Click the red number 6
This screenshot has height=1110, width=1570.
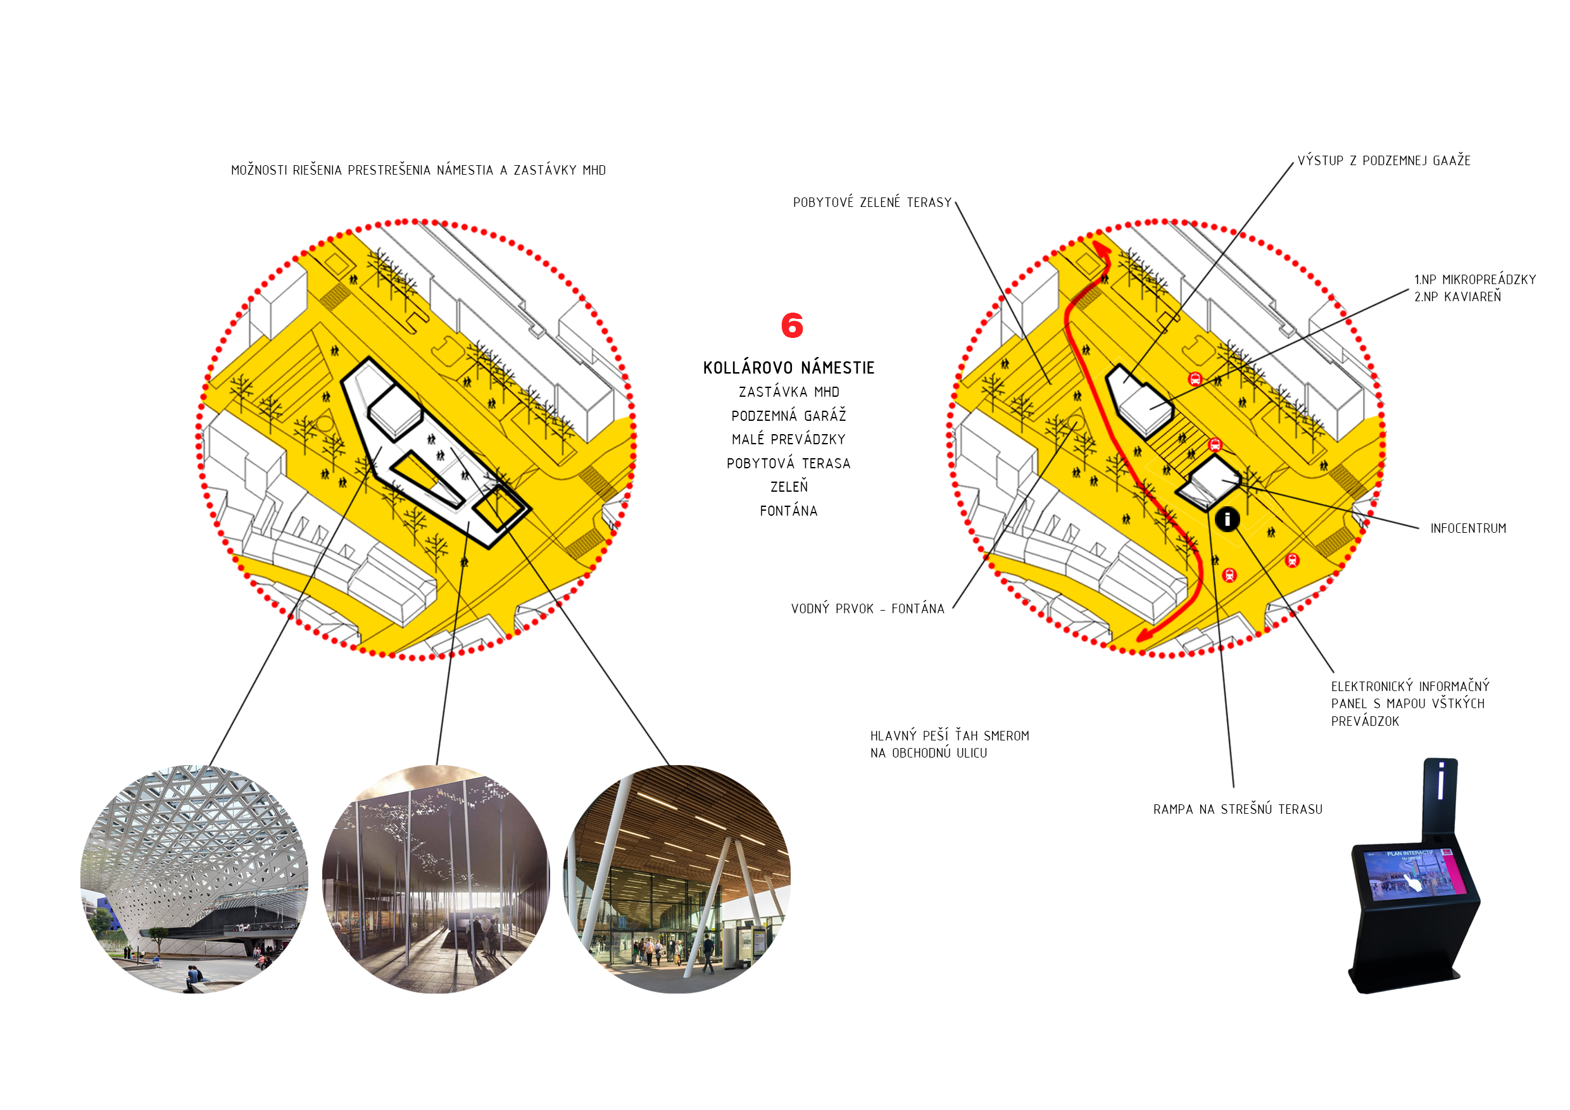tap(792, 325)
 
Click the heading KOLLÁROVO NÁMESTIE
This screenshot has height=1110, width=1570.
tap(788, 368)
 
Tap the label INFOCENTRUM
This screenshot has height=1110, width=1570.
tap(1468, 528)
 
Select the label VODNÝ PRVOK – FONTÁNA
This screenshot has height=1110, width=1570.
tap(868, 608)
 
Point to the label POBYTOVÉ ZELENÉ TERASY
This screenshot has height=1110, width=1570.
tap(872, 203)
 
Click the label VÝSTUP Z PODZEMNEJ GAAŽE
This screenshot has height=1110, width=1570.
tap(1384, 161)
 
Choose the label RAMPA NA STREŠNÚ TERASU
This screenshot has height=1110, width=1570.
tap(1238, 809)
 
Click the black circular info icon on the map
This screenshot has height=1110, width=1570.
tap(1228, 520)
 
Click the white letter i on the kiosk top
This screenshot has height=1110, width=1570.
tap(1441, 780)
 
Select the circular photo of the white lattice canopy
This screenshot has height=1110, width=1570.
tap(194, 879)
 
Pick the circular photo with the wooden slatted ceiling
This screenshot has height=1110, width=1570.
tap(677, 879)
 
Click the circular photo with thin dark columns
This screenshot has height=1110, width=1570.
tap(436, 879)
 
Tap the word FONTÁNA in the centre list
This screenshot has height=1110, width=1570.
tap(788, 511)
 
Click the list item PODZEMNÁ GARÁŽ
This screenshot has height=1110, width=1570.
tap(788, 416)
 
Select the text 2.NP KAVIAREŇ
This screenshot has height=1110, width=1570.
tap(1457, 297)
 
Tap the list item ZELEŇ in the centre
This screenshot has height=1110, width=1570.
tap(789, 487)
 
